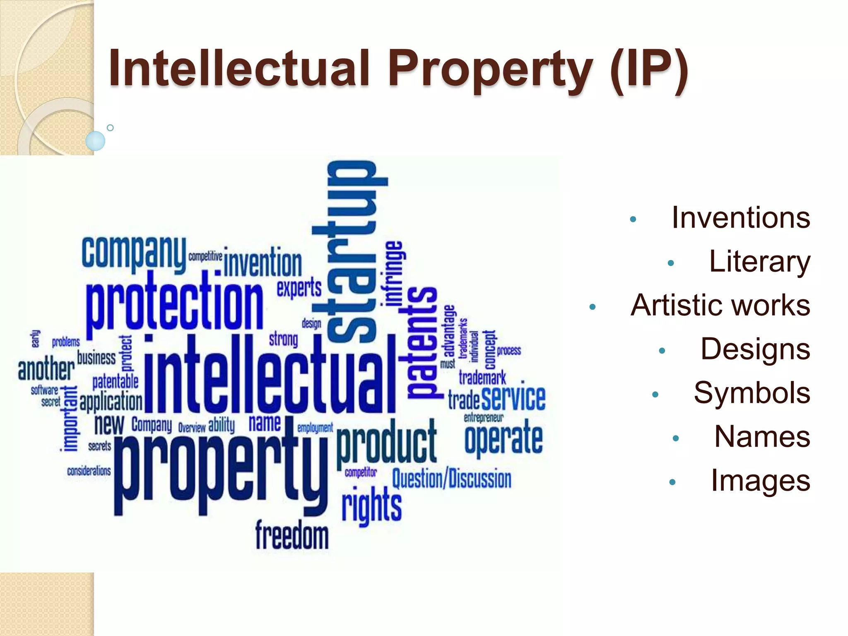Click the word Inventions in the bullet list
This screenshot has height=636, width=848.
[x=740, y=218]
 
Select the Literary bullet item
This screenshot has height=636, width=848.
[x=759, y=262]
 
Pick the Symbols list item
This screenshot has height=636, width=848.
[x=752, y=393]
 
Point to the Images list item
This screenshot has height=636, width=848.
[x=760, y=481]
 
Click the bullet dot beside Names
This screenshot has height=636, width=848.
[x=676, y=438]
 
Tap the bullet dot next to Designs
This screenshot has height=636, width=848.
[x=662, y=351]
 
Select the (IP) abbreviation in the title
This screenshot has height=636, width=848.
[x=649, y=68]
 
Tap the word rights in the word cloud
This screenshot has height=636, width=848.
[x=371, y=506]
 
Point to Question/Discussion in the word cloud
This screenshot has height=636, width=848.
[x=451, y=479]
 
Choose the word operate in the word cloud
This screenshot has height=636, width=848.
[x=503, y=438]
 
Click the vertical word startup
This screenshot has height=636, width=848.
[x=352, y=253]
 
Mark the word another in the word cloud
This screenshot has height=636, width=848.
[x=46, y=369]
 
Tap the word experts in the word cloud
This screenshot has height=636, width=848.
[x=299, y=288]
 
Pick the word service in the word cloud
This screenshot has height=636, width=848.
[x=513, y=398]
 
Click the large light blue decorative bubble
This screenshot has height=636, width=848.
[x=95, y=141]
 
